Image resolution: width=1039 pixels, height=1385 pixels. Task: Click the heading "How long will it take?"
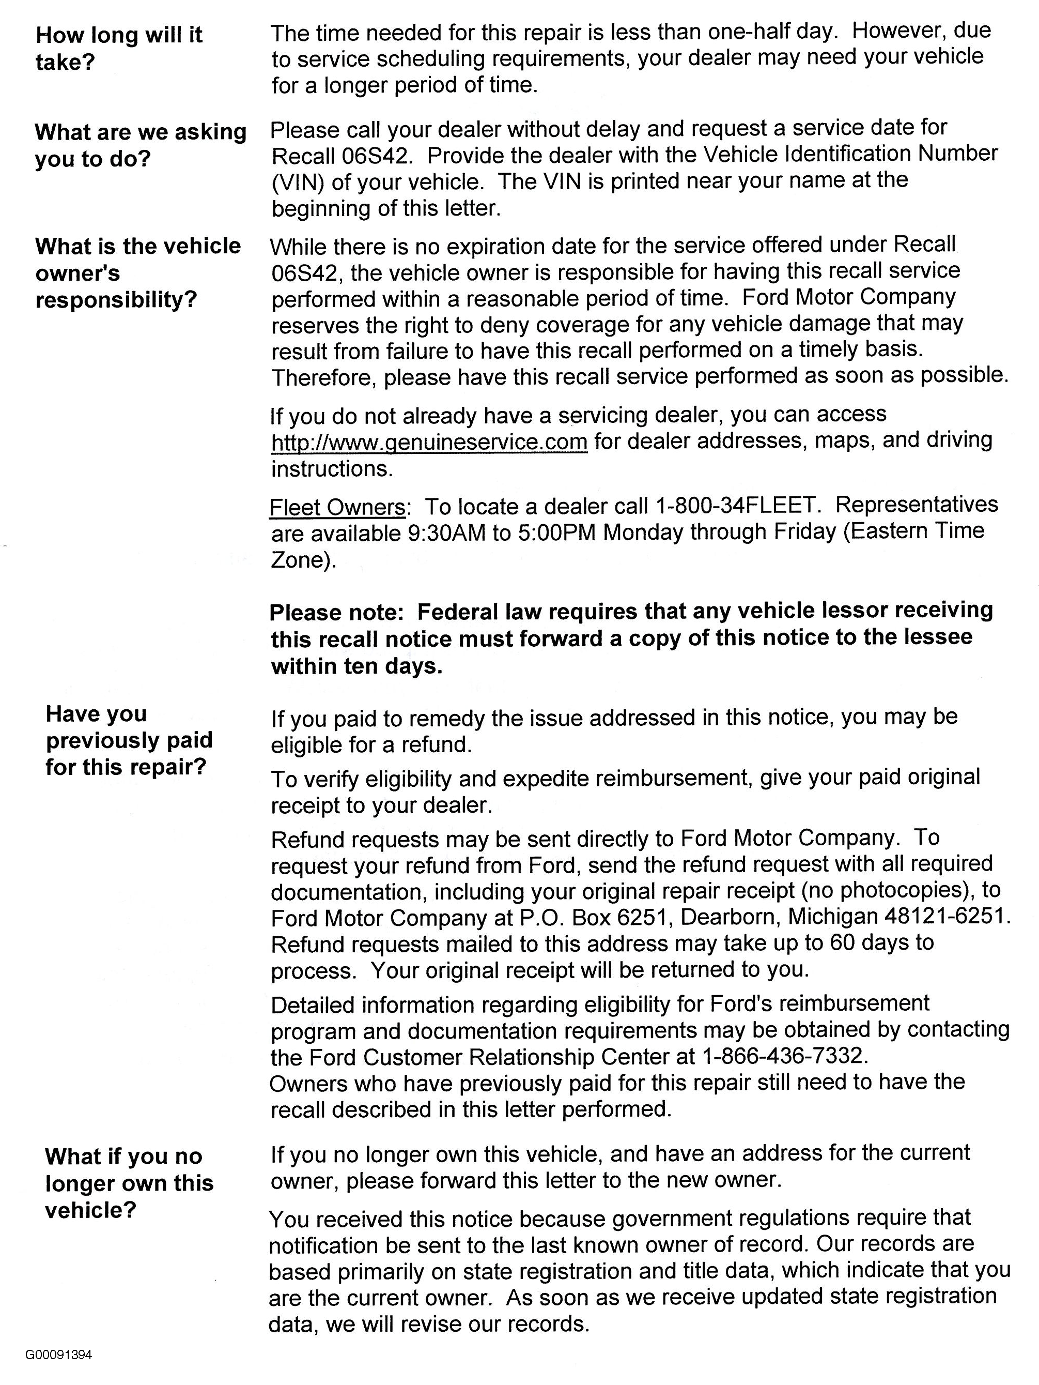[119, 48]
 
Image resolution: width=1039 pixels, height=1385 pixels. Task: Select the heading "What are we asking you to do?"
[140, 145]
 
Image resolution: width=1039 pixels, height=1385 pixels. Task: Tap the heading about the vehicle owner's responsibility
[138, 273]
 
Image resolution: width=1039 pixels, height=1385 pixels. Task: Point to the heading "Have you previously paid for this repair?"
[129, 740]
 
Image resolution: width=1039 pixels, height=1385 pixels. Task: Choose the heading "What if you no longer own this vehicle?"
[129, 1183]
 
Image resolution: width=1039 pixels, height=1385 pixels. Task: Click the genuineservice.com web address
[429, 442]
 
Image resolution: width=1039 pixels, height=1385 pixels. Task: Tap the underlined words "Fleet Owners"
[337, 507]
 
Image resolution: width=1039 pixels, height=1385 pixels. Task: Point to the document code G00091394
[59, 1355]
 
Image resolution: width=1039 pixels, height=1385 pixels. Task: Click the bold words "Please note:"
[337, 612]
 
